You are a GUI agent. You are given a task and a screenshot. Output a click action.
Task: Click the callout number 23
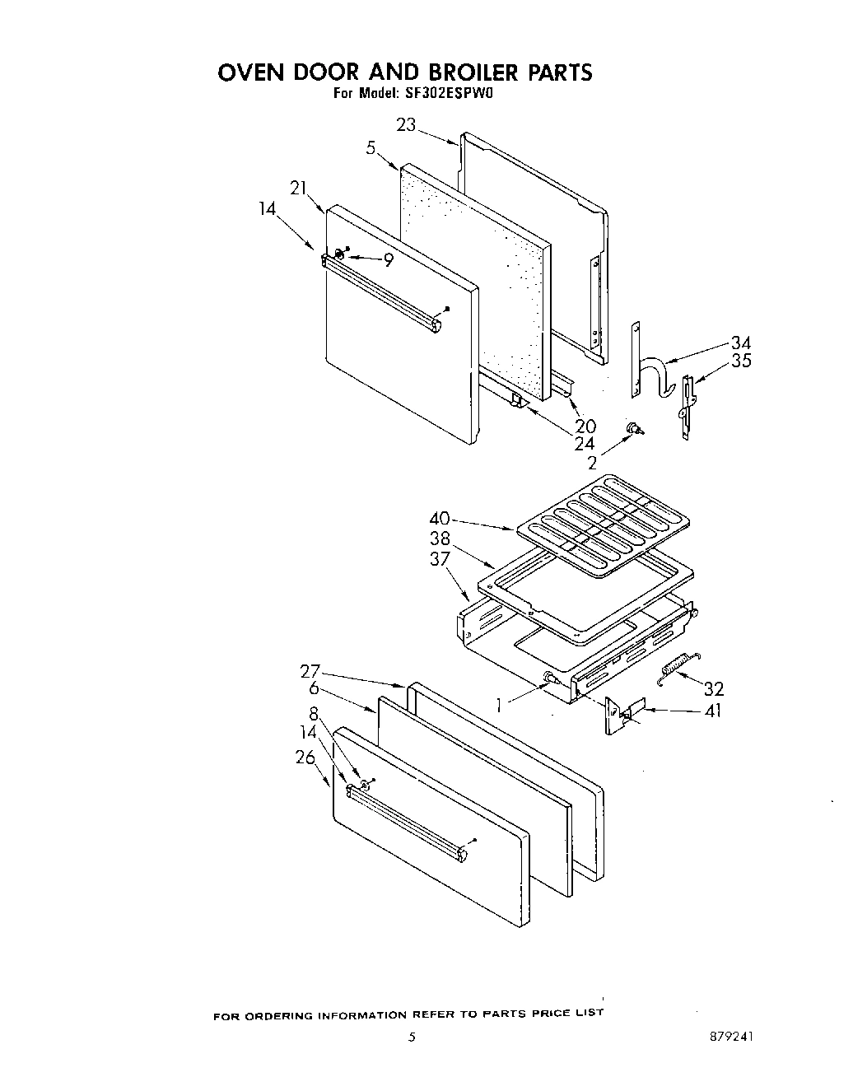pos(406,124)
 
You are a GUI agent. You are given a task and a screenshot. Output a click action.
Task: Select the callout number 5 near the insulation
pos(371,148)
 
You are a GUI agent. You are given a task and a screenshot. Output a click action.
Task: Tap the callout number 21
pos(298,188)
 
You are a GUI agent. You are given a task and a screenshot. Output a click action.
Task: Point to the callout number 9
pos(388,259)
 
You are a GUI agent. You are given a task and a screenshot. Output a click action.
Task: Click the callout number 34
pos(741,343)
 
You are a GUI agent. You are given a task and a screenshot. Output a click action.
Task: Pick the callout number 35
pos(741,361)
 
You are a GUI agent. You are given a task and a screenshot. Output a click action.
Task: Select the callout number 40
pos(440,519)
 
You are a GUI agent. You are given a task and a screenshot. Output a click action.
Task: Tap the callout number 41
pos(713,710)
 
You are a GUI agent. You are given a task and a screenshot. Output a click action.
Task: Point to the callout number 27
pos(310,671)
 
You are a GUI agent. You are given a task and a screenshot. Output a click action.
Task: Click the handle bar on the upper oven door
pos(382,293)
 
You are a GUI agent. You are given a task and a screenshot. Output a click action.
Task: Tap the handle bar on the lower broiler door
pos(408,824)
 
